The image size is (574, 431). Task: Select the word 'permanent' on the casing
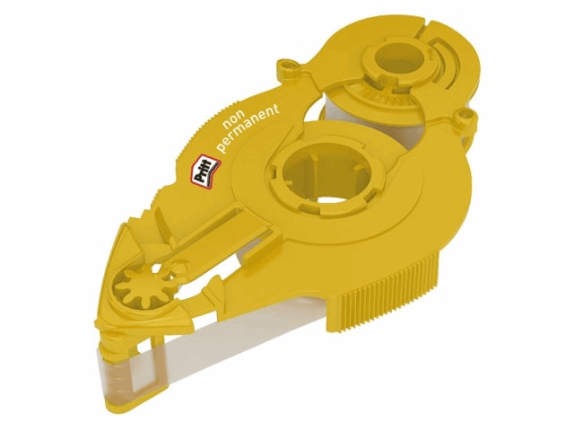click(x=248, y=128)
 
